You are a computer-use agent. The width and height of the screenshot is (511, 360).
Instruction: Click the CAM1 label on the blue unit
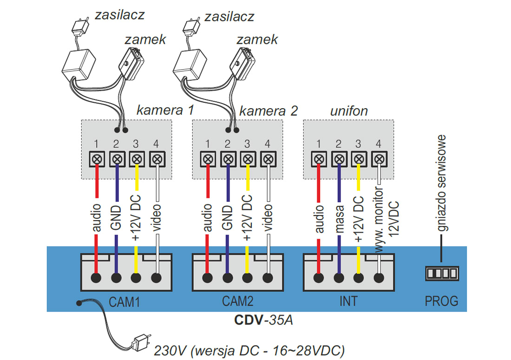124,301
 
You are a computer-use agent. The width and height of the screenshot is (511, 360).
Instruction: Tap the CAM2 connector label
237,301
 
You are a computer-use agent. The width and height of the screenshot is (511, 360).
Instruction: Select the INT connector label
348,301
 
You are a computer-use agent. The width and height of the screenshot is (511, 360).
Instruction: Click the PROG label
441,301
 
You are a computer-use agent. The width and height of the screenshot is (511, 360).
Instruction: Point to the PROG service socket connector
442,273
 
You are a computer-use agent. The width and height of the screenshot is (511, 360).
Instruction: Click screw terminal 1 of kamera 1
97,159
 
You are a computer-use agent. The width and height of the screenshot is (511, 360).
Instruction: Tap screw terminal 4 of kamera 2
268,159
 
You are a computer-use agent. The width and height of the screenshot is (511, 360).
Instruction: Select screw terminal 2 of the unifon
339,159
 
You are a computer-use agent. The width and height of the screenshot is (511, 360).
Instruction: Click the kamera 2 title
269,111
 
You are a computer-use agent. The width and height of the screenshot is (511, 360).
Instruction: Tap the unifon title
348,111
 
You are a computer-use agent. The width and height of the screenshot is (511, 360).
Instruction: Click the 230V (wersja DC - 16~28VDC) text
249,350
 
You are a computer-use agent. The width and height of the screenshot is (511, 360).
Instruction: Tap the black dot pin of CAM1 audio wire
97,278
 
